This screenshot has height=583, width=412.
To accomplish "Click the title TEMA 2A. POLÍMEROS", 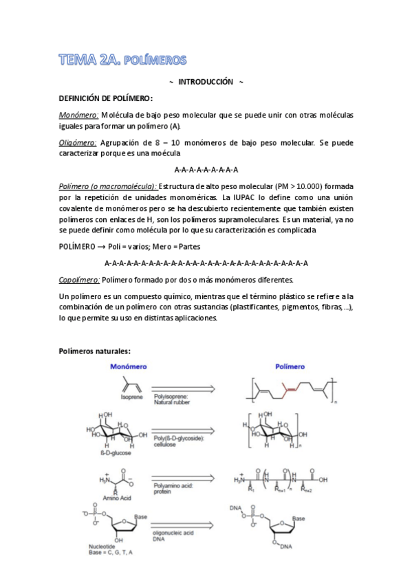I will click(x=122, y=60).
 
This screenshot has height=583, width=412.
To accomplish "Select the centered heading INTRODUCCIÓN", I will click(x=206, y=82).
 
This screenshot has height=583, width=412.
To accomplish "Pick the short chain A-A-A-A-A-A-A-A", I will click(x=206, y=169).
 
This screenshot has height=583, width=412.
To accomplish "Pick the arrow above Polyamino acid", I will click(x=188, y=477).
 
